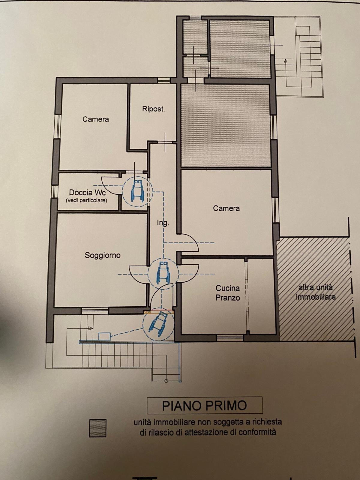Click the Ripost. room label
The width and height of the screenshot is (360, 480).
pyautogui.click(x=153, y=109)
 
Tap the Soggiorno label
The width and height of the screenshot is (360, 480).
pyautogui.click(x=103, y=255)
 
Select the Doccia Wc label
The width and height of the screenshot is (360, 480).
pyautogui.click(x=87, y=193)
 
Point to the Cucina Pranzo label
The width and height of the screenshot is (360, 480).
pyautogui.click(x=228, y=293)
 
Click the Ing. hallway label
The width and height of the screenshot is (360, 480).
pyautogui.click(x=163, y=223)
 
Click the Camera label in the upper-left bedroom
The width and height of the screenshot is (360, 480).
pyautogui.click(x=95, y=119)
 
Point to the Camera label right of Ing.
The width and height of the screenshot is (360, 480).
pyautogui.click(x=226, y=208)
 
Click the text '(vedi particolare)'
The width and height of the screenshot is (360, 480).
pyautogui.click(x=87, y=200)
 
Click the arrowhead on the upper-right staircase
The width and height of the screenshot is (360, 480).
pyautogui.click(x=285, y=61)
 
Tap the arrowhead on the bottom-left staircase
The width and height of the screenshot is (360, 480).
pyautogui.click(x=91, y=328)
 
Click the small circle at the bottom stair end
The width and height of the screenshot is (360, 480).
pyautogui.click(x=166, y=381)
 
